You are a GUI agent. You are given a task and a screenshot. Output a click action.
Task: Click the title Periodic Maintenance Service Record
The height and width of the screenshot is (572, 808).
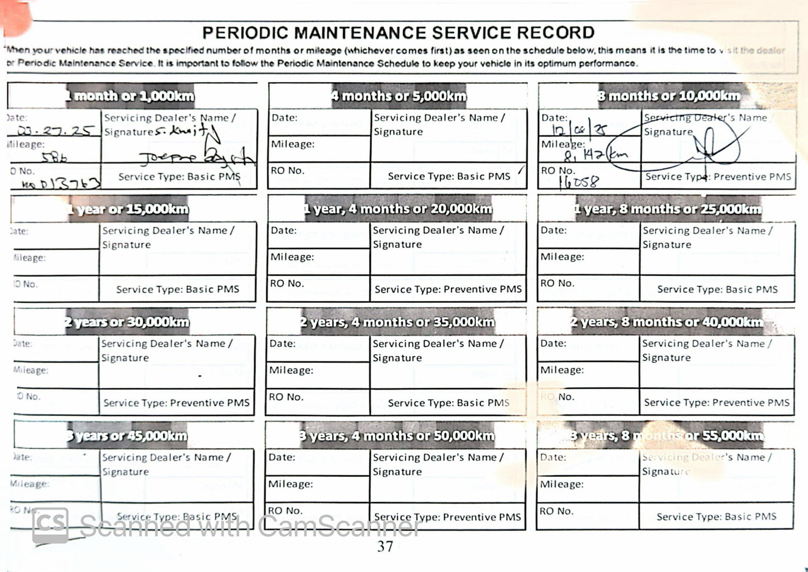click(x=398, y=32)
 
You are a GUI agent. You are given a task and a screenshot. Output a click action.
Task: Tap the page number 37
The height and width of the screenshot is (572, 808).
click(x=385, y=546)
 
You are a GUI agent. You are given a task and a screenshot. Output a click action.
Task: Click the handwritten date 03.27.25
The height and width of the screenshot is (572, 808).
click(x=55, y=131)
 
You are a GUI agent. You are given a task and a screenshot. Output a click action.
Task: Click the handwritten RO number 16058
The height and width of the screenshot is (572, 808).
click(x=578, y=181)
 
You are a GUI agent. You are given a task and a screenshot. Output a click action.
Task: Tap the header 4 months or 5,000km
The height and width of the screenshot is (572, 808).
click(x=398, y=96)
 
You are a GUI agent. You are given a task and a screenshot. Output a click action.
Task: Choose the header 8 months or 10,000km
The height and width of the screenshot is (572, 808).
click(x=668, y=96)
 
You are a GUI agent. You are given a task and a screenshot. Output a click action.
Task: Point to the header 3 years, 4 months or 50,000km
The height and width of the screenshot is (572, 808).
click(x=396, y=436)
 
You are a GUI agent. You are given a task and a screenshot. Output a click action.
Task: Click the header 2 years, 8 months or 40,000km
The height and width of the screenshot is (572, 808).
click(x=667, y=322)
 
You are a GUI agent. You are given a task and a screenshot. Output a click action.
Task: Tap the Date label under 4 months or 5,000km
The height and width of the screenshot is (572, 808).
click(x=285, y=118)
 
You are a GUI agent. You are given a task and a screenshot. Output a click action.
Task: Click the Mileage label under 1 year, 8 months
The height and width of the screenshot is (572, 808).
click(x=562, y=257)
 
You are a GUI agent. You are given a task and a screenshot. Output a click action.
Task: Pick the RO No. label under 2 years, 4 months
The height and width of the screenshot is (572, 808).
click(x=286, y=397)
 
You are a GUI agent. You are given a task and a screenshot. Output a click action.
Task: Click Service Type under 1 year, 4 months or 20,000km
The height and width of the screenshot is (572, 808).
click(x=448, y=289)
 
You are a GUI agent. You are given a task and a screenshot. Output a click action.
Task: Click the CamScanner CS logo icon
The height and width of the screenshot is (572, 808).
click(x=50, y=526)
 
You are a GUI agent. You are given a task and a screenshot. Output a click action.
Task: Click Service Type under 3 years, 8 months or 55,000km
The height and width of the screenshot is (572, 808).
click(x=716, y=517)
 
